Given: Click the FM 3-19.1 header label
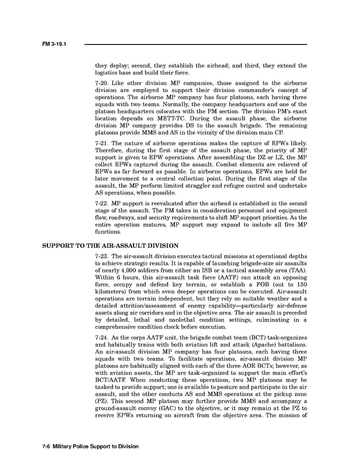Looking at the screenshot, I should [54, 44].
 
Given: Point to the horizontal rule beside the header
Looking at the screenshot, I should [195, 44].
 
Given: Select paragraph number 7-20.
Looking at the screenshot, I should [102, 84].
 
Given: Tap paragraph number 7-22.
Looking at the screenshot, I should [102, 204].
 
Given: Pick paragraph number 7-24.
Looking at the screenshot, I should [102, 338].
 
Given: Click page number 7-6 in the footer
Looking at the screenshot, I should [46, 446].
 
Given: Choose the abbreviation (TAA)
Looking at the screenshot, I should [297, 270].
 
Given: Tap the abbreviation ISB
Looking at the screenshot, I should [228, 270].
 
